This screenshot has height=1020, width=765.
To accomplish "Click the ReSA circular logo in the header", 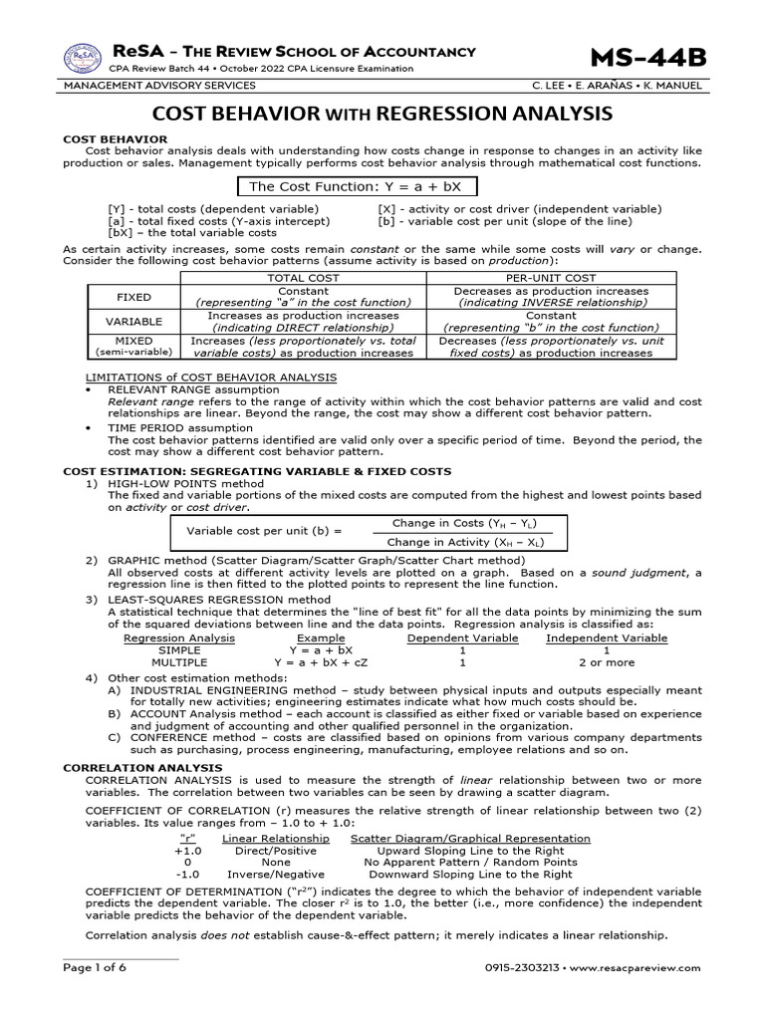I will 83,59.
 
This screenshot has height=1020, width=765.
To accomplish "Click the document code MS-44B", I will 647,59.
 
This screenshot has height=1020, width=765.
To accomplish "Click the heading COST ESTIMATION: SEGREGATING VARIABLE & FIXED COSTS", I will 257,471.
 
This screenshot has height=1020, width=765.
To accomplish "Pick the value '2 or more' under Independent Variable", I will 607,661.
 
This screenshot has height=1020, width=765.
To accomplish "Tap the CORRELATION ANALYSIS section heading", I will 142,768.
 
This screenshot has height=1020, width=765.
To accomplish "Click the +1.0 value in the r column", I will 187,851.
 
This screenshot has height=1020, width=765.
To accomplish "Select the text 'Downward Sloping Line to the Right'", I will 470,874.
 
